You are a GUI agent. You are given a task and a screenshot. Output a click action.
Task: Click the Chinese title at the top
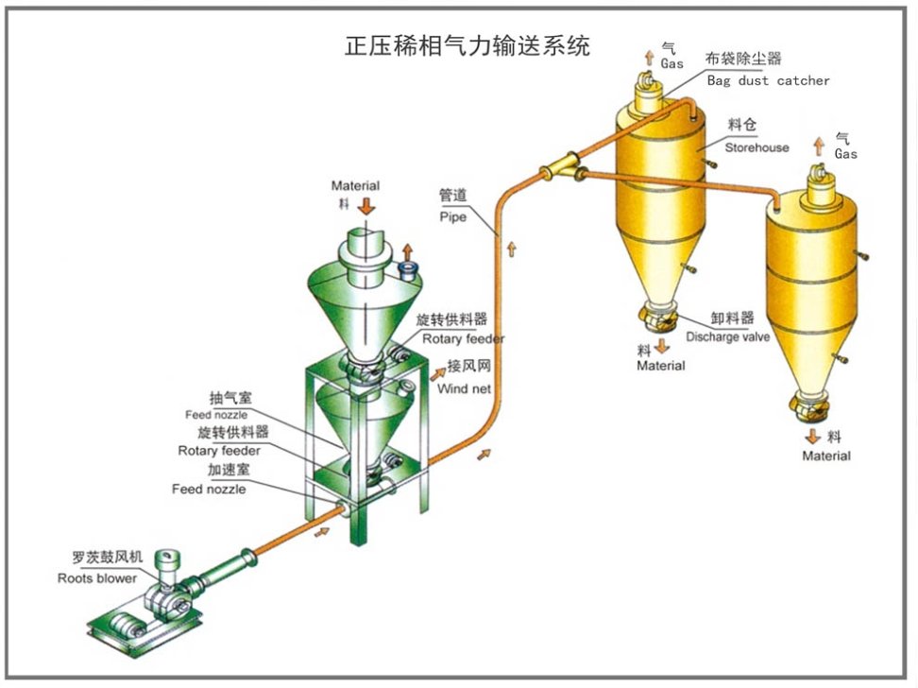pyautogui.click(x=467, y=44)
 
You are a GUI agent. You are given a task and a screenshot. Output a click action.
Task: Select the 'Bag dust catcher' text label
pyautogui.click(x=768, y=80)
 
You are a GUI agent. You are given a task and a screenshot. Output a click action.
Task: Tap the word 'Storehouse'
pyautogui.click(x=756, y=147)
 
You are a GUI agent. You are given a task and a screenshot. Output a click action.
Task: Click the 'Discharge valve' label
pyautogui.click(x=727, y=336)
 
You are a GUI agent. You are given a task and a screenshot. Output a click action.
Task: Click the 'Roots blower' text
pyautogui.click(x=96, y=577)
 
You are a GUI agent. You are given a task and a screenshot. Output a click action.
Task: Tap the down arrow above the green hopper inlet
pyautogui.click(x=366, y=204)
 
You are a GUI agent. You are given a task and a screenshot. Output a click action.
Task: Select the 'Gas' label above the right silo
pyautogui.click(x=845, y=153)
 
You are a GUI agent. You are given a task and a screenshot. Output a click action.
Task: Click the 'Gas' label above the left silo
pyautogui.click(x=671, y=63)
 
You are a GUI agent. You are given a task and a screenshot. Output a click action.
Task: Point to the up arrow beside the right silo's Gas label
pyautogui.click(x=819, y=146)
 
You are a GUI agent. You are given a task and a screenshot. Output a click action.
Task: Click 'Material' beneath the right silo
pyautogui.click(x=826, y=456)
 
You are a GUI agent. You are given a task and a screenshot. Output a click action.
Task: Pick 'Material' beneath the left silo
pyautogui.click(x=660, y=366)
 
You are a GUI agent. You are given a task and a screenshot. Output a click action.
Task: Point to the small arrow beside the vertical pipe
pyautogui.click(x=511, y=249)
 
